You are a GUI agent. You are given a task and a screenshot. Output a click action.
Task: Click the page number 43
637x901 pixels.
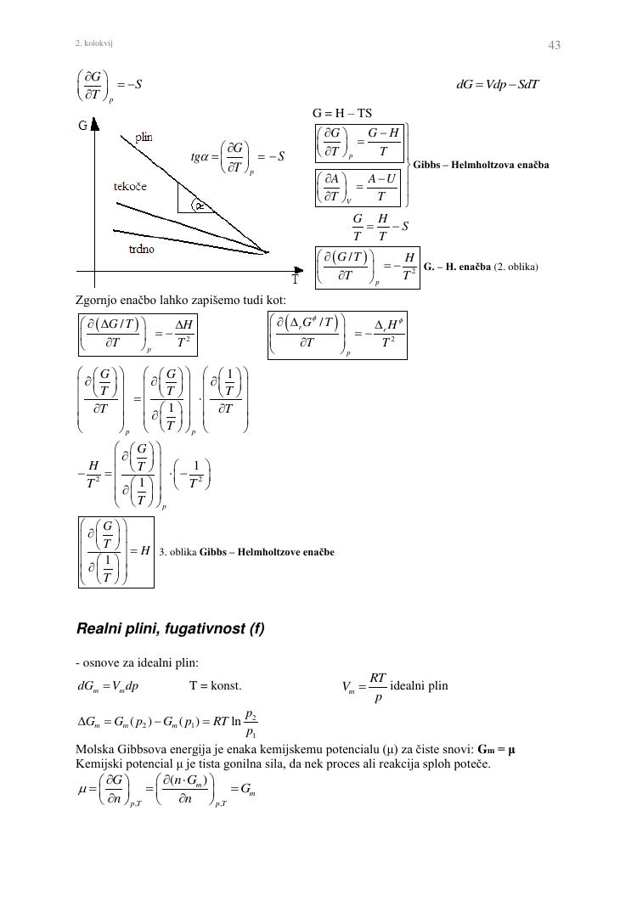click(x=554, y=45)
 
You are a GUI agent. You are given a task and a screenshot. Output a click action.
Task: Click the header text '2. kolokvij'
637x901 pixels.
click(x=94, y=42)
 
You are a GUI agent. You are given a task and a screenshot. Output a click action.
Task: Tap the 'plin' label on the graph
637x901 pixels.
click(x=144, y=137)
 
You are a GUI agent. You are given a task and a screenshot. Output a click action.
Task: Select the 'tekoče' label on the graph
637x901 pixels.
click(x=130, y=186)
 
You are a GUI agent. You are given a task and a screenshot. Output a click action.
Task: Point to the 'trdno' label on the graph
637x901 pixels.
click(x=141, y=250)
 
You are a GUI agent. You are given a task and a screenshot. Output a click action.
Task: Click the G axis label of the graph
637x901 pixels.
click(x=83, y=126)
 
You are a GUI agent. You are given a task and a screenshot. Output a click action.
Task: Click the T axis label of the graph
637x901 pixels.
click(x=296, y=279)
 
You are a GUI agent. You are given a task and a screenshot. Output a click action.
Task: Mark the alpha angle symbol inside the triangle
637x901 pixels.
click(x=199, y=205)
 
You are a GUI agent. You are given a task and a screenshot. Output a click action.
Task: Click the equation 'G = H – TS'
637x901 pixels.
click(x=342, y=113)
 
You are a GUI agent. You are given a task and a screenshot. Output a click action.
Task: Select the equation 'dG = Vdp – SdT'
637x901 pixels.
click(x=498, y=84)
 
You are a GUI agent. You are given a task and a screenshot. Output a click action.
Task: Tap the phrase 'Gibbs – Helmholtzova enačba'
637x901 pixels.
click(x=481, y=164)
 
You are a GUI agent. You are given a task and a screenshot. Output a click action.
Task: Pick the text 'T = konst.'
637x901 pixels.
click(x=215, y=685)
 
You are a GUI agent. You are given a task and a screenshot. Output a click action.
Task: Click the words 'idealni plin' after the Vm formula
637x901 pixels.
click(x=419, y=685)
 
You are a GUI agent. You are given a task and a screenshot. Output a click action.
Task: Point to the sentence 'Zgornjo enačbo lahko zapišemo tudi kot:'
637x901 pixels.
click(x=181, y=300)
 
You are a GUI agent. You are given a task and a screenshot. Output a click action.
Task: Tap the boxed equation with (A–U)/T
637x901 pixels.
click(x=360, y=188)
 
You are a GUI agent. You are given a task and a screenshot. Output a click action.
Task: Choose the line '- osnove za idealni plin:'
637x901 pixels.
click(x=137, y=662)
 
